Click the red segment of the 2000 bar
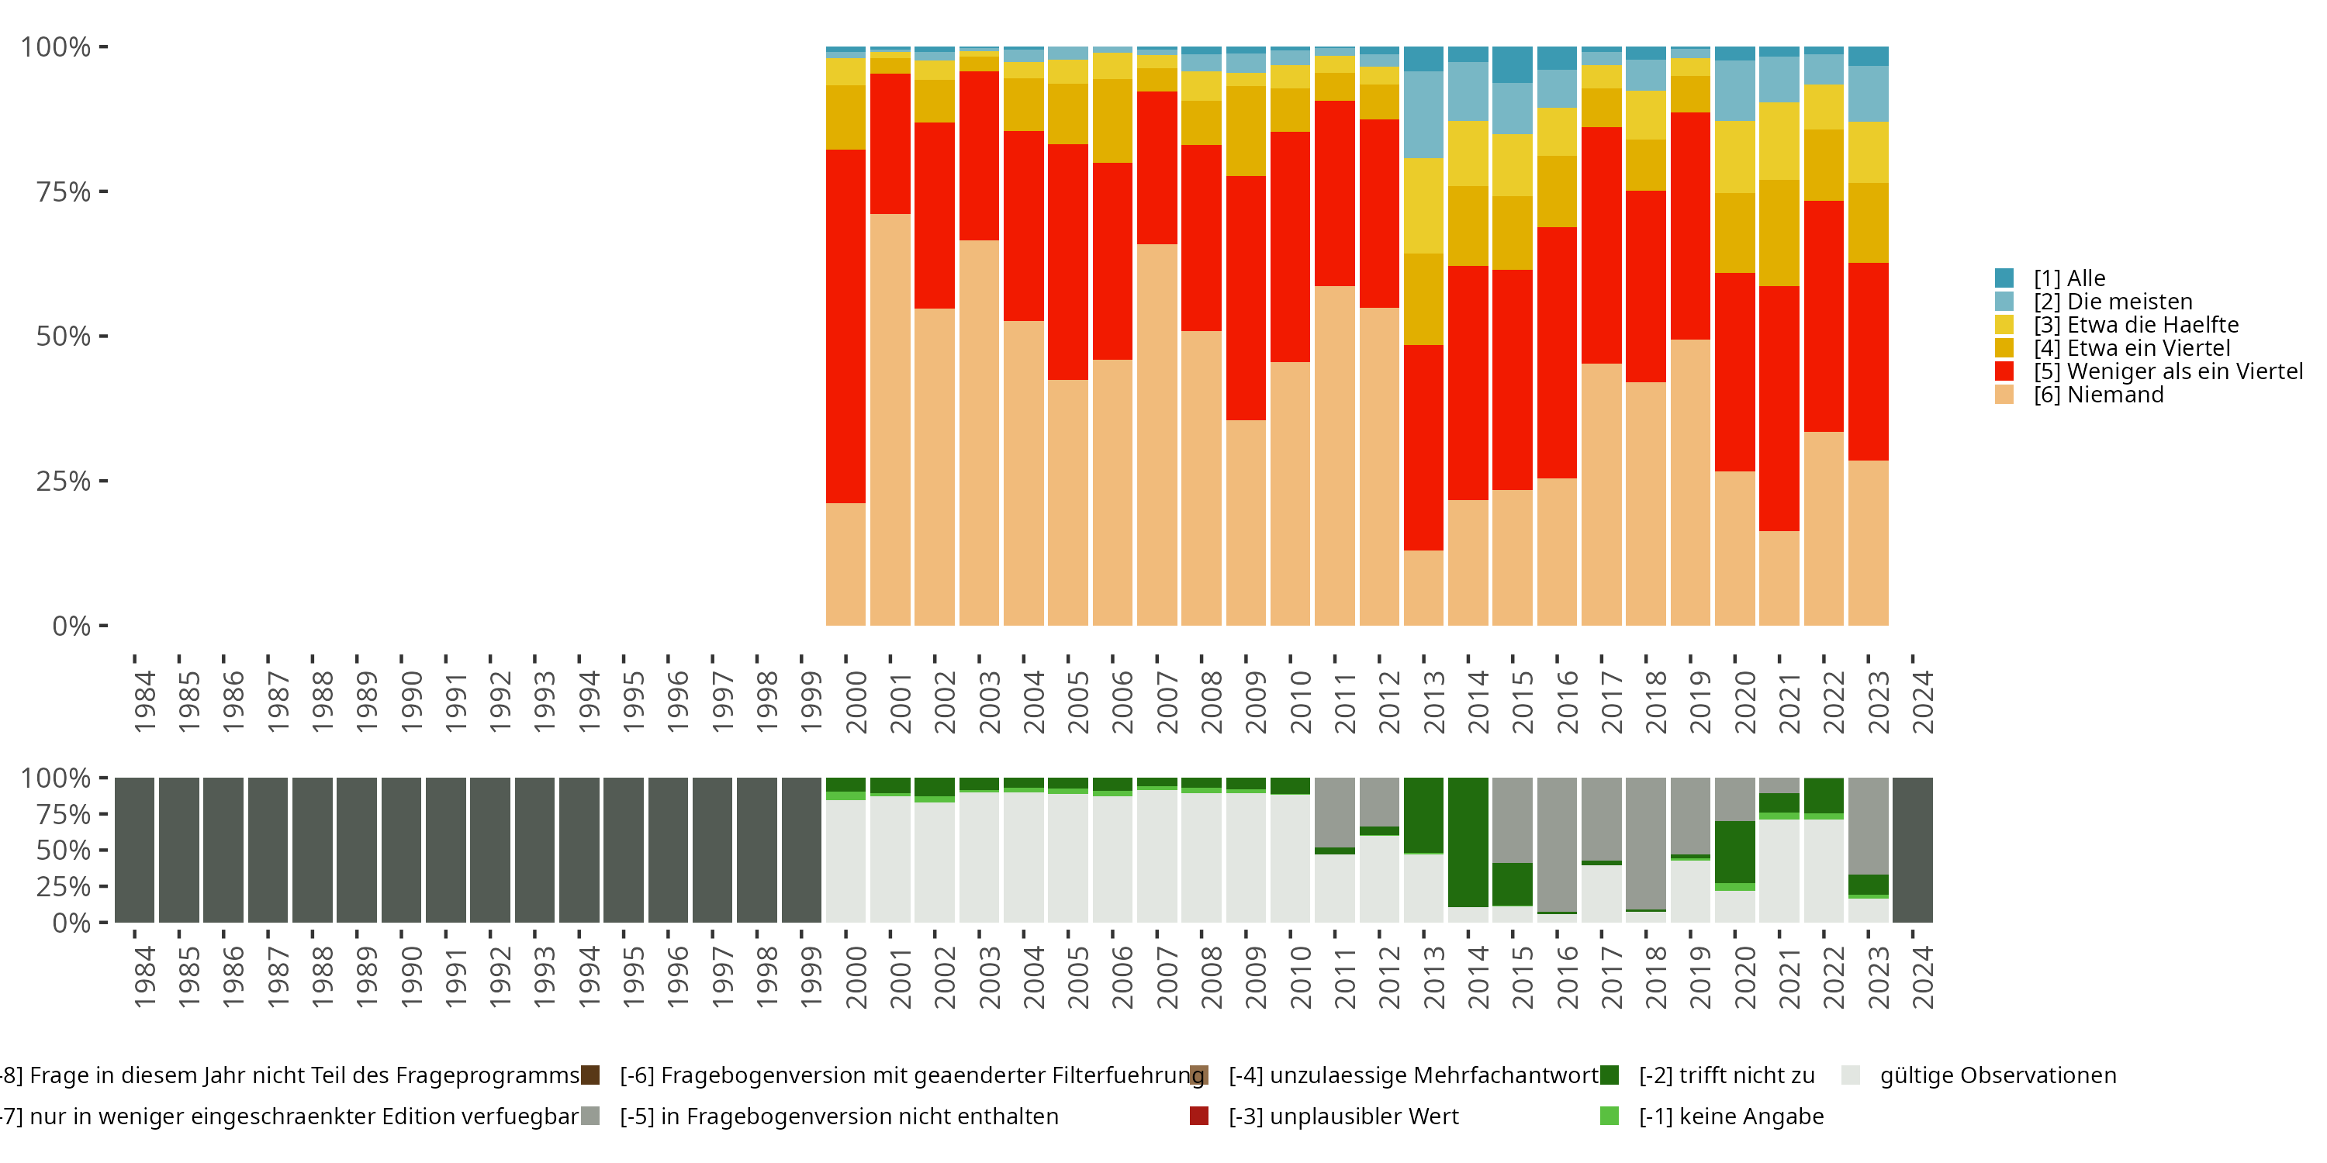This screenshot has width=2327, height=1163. (x=845, y=325)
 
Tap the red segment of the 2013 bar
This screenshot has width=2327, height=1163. (x=1423, y=447)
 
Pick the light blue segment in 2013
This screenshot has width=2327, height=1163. (x=1423, y=115)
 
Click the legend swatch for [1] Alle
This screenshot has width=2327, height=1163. (x=2004, y=278)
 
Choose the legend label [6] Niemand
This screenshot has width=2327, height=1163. (x=2097, y=395)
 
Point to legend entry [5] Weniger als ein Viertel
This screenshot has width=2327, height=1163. (x=2168, y=371)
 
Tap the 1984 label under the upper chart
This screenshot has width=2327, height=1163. (x=144, y=702)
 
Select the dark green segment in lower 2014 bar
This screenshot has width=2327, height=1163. (x=1468, y=841)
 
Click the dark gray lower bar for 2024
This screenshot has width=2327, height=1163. (x=1912, y=850)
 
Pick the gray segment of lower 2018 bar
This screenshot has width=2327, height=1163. (x=1646, y=843)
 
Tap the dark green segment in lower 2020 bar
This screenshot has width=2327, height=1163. (x=1734, y=851)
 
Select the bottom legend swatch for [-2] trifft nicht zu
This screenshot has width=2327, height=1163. (x=1609, y=1075)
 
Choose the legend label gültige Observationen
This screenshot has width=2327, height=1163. (x=1997, y=1075)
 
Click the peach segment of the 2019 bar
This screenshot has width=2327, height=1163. (x=1690, y=482)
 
